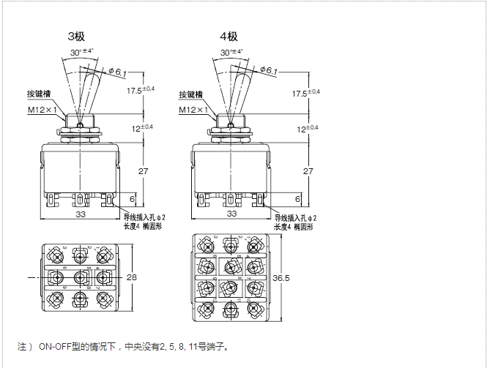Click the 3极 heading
pyautogui.click(x=75, y=37)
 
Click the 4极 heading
pyautogui.click(x=229, y=37)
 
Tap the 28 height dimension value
pyautogui.click(x=133, y=277)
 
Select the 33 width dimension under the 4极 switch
pyautogui.click(x=231, y=214)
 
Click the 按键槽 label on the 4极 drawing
pyautogui.click(x=191, y=94)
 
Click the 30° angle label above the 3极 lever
pyautogui.click(x=82, y=52)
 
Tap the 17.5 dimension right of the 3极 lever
pyautogui.click(x=139, y=91)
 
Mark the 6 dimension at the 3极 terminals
pyautogui.click(x=132, y=198)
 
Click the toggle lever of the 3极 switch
pyautogui.click(x=88, y=89)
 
